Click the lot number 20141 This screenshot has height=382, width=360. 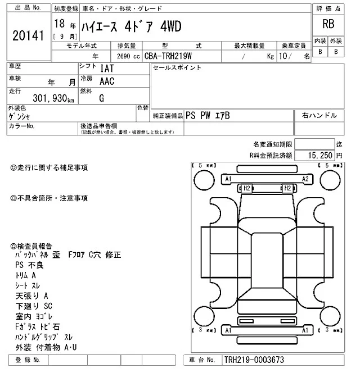tap(28, 35)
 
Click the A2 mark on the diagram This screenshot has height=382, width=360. tap(305, 179)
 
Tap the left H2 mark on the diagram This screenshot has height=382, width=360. tap(246, 188)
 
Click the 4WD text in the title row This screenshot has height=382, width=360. tap(170, 27)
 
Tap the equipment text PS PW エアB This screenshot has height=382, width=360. tap(208, 115)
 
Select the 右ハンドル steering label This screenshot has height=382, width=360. tap(319, 115)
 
